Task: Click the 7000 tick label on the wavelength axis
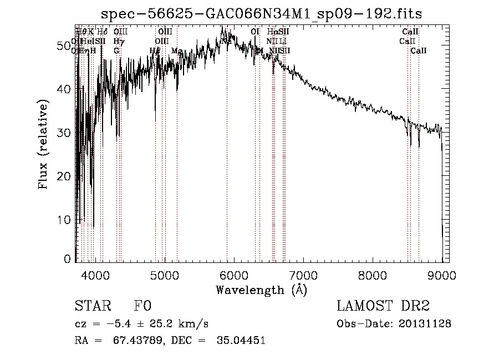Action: (x=303, y=275)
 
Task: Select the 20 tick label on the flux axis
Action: (x=65, y=176)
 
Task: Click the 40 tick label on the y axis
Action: (x=65, y=89)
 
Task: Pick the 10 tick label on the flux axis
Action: (x=65, y=220)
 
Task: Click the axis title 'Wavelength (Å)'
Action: (x=261, y=289)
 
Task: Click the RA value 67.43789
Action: (x=140, y=341)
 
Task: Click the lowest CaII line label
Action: (x=419, y=50)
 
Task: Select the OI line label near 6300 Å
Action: (x=255, y=32)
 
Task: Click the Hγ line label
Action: (x=118, y=41)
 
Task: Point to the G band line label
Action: (x=116, y=50)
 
